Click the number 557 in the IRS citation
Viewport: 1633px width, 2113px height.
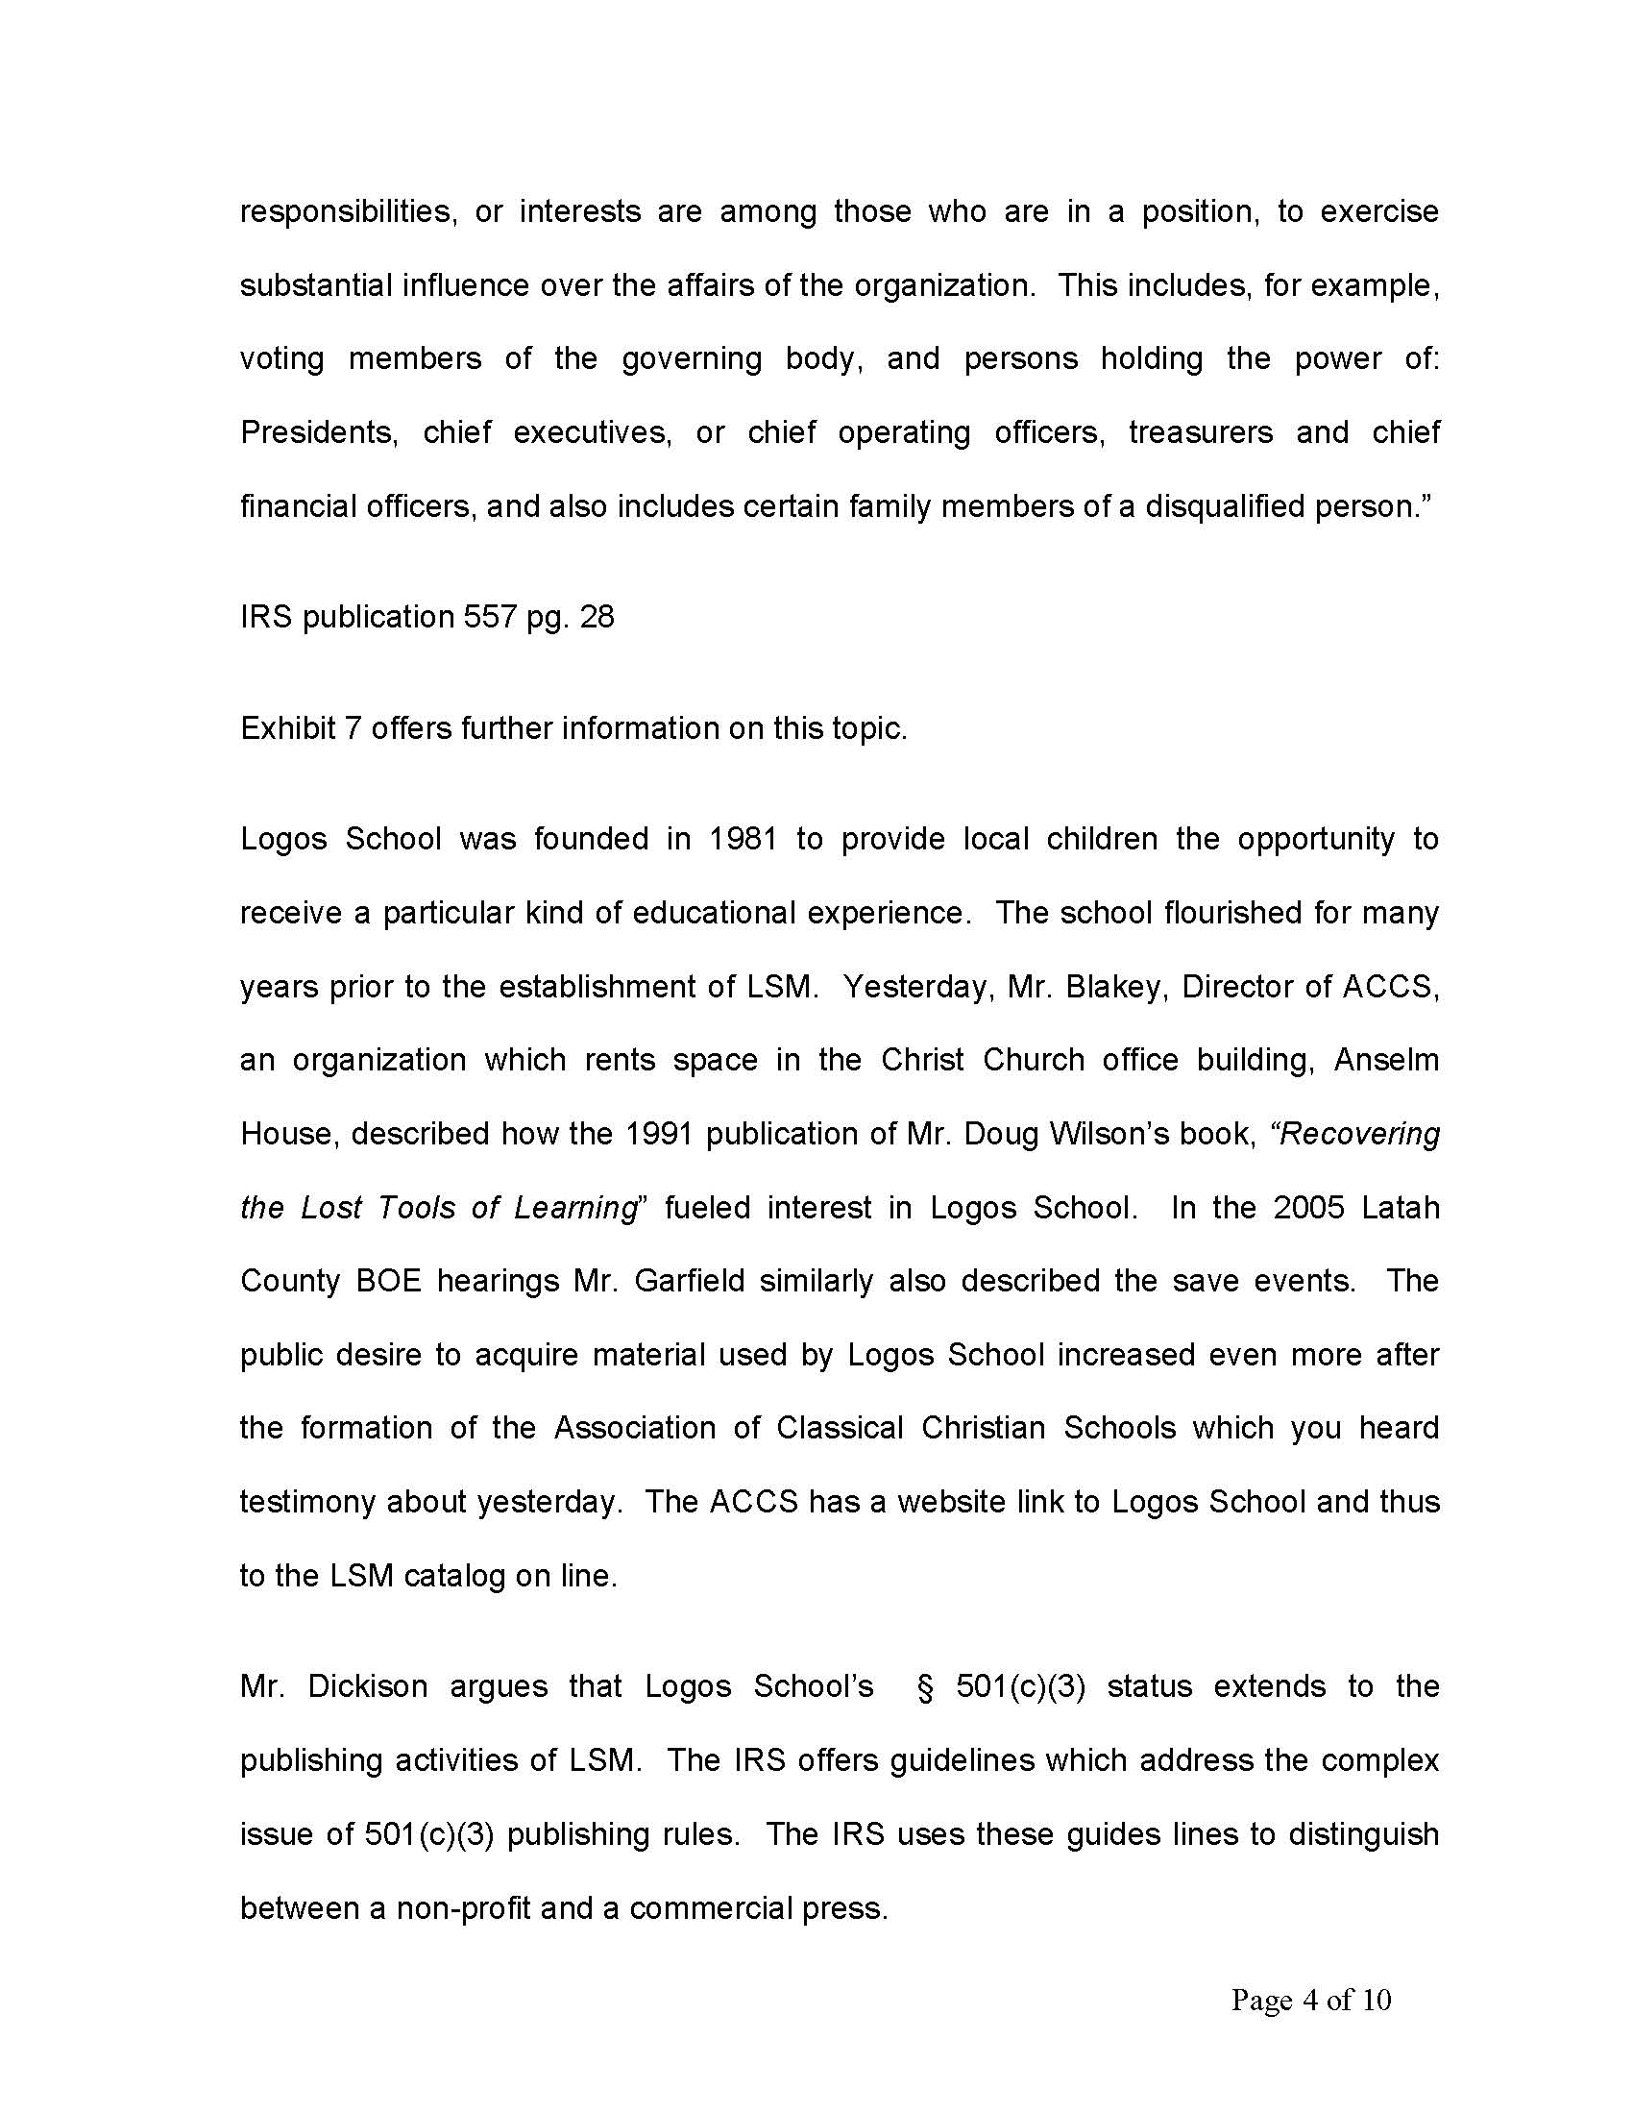[490, 616]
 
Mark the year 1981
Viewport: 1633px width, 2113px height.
[743, 838]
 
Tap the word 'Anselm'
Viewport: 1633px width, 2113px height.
[1386, 1060]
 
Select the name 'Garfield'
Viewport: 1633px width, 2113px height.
[689, 1281]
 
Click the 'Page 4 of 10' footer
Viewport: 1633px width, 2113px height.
[1311, 2000]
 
